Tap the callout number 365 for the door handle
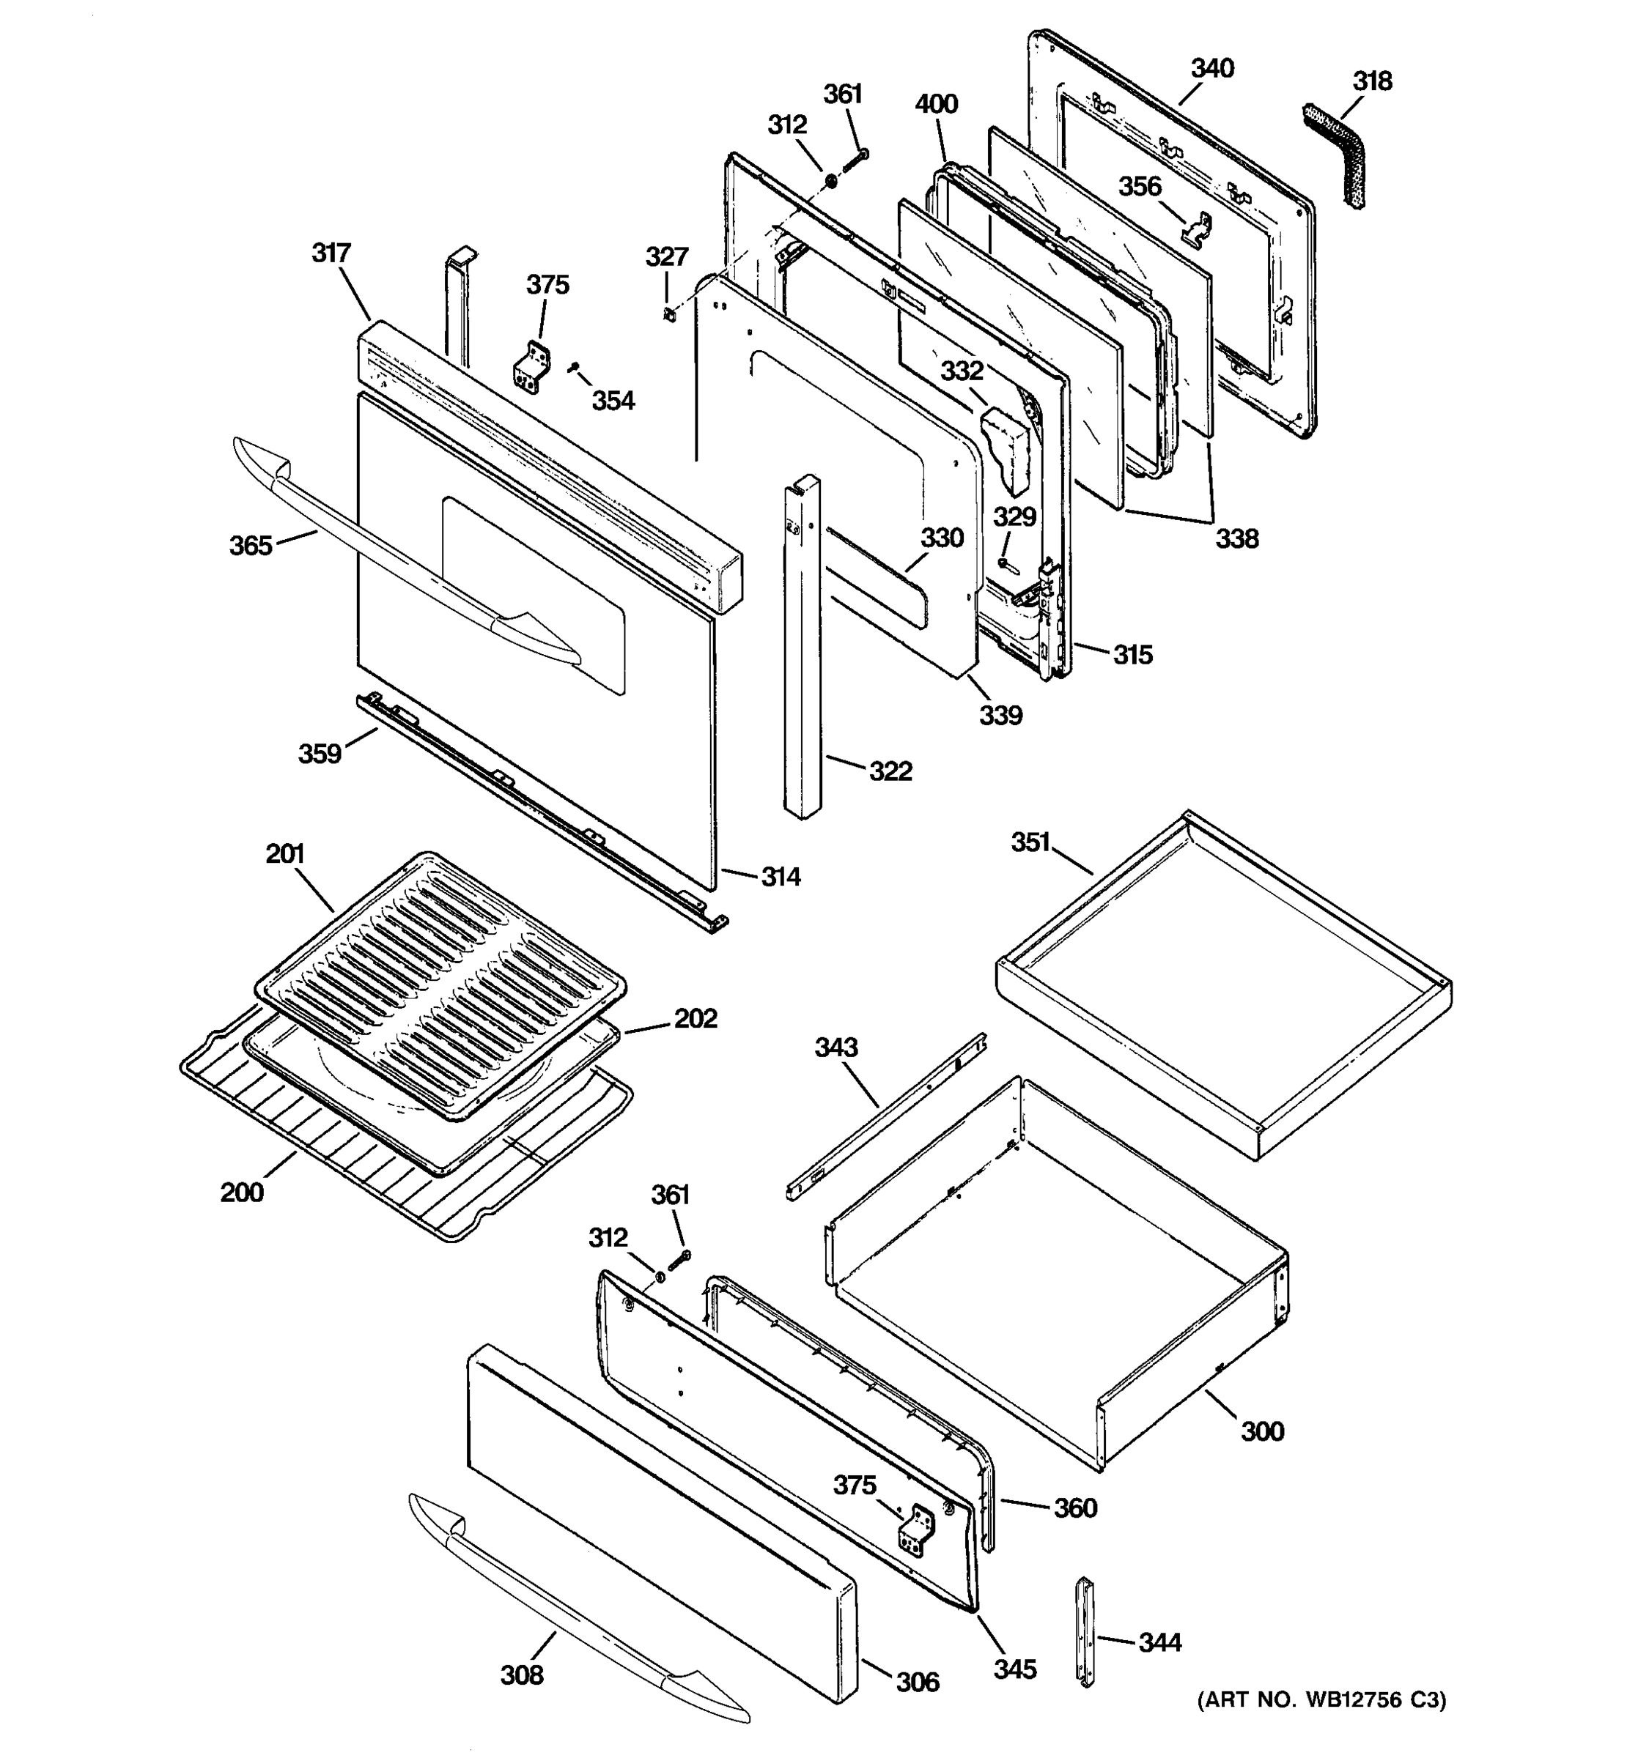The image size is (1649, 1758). (251, 546)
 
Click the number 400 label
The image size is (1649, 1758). (936, 104)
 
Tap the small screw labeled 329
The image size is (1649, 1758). (1003, 563)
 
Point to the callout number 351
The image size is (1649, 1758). (1030, 843)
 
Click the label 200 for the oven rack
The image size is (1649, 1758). (242, 1193)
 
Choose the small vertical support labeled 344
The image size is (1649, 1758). (1085, 1642)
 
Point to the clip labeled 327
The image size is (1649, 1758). (670, 312)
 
